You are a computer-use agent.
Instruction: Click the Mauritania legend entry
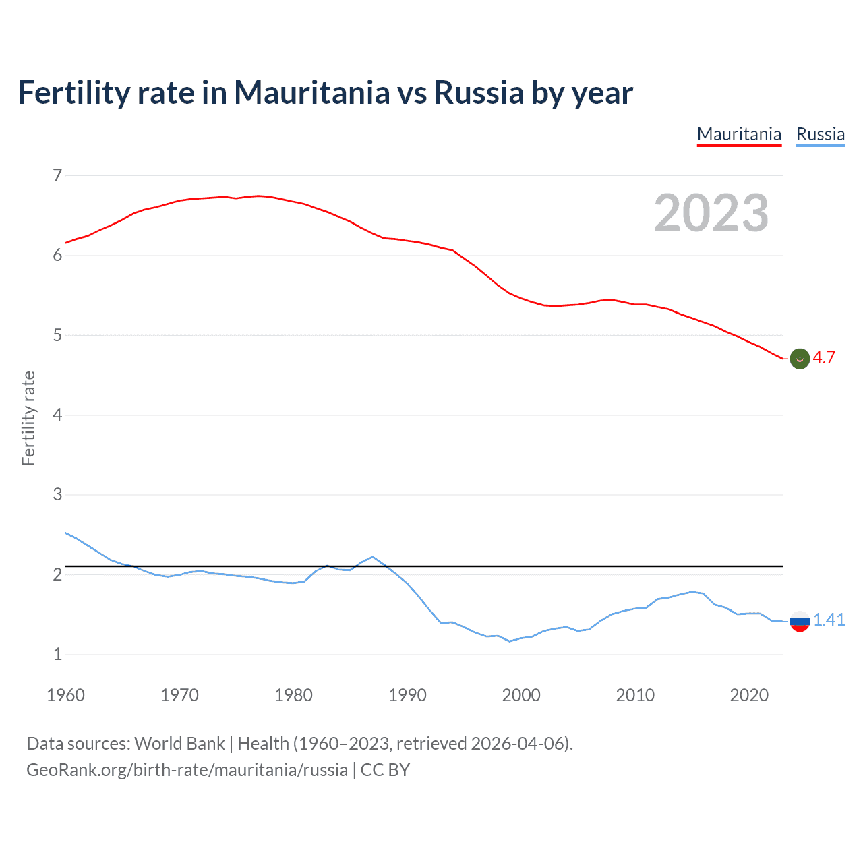(739, 134)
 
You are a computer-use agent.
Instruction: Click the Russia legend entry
(820, 134)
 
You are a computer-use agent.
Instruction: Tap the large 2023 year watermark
(711, 213)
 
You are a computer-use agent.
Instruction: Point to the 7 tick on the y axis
(57, 176)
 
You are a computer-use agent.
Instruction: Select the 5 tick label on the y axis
(57, 335)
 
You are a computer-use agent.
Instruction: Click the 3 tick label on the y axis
(57, 495)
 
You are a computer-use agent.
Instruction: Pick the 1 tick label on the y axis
(57, 654)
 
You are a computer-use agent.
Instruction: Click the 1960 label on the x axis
(65, 695)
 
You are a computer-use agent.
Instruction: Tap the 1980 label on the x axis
(293, 695)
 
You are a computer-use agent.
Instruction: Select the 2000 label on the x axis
(521, 695)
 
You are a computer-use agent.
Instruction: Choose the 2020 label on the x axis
(749, 695)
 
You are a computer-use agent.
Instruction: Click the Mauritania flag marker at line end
(800, 359)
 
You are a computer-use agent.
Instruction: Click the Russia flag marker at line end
(800, 621)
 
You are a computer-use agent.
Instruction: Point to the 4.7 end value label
(824, 358)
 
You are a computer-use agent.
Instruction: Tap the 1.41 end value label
(829, 620)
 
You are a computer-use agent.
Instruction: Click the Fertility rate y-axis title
(28, 418)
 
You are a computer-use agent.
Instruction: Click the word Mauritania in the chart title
(311, 92)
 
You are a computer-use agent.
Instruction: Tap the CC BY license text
(385, 770)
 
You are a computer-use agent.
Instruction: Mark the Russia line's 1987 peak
(373, 557)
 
